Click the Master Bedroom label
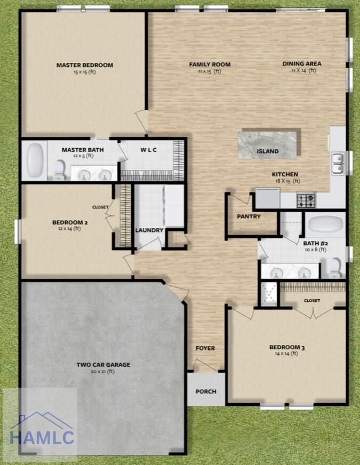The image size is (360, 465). coord(85,65)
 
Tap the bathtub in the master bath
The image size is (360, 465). coord(36,160)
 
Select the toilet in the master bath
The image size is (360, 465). coord(60,170)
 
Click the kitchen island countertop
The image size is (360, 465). coord(268,145)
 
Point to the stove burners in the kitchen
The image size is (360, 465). coord(306,197)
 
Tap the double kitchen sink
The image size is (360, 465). coord(338,163)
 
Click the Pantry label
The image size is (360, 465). coord(249,217)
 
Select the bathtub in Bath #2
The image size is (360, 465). coord(326,223)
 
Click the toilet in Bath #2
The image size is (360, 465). coord(336,268)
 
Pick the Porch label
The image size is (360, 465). coord(206,391)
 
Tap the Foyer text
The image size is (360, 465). coord(205,348)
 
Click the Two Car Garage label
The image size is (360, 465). coord(103,364)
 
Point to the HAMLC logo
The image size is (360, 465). coord(42,429)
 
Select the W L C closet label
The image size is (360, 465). coord(149,150)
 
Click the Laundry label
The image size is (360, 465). coord(149,230)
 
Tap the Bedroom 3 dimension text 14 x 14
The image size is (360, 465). coord(286,354)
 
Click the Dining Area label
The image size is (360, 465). coord(302,63)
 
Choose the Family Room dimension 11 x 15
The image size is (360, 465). coord(210,71)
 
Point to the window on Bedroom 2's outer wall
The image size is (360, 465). coord(18,231)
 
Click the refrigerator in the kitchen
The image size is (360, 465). coord(268,198)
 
